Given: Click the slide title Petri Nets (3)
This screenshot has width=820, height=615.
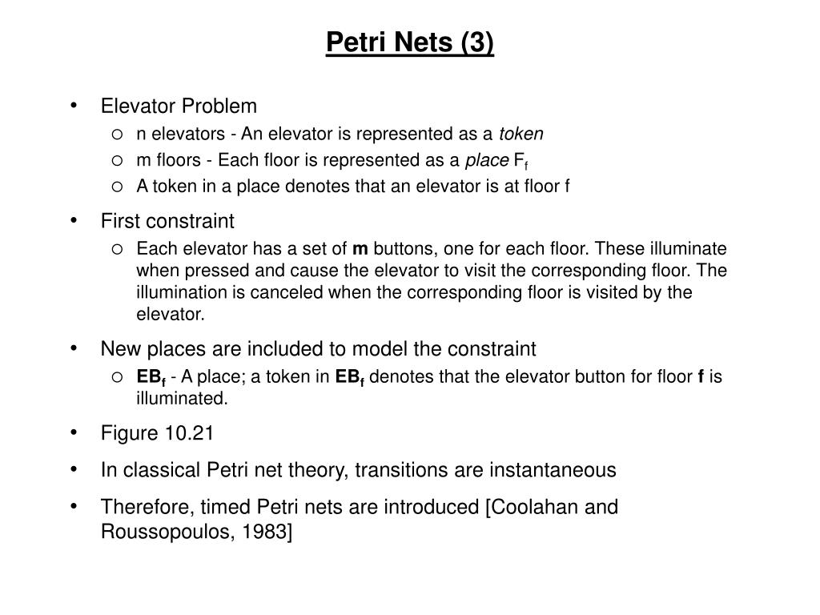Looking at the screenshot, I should [x=410, y=42].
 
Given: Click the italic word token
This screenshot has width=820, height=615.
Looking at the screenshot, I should [x=521, y=134].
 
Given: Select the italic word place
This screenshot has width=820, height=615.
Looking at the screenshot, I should [x=487, y=160].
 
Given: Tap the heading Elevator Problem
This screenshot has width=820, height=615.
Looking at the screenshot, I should [x=179, y=106].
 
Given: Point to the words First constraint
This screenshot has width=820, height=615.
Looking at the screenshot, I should [x=167, y=220].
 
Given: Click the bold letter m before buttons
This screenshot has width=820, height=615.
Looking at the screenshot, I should [x=360, y=247].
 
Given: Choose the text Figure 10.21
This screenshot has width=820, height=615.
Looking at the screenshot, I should [x=157, y=433].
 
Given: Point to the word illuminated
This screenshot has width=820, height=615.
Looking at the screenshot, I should [x=182, y=397].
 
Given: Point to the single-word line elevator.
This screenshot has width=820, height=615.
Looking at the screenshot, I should [x=171, y=315].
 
